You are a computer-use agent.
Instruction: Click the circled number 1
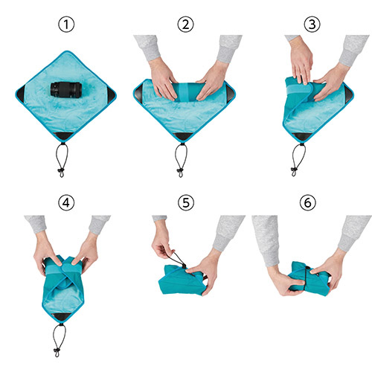[66, 25]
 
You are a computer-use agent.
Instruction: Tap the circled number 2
[185, 25]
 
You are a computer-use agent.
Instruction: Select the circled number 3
[312, 25]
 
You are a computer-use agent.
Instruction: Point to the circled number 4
[66, 203]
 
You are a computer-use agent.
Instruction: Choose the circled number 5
[186, 203]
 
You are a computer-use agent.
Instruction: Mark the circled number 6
[307, 203]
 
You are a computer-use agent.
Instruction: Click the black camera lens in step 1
[66, 90]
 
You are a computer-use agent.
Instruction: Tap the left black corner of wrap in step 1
[20, 94]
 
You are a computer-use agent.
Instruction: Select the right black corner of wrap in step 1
[112, 94]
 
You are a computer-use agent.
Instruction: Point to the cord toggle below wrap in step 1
[61, 171]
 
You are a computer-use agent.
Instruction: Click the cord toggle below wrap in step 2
[180, 171]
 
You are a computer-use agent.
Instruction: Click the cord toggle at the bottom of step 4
[57, 351]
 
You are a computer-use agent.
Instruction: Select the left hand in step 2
[162, 79]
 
